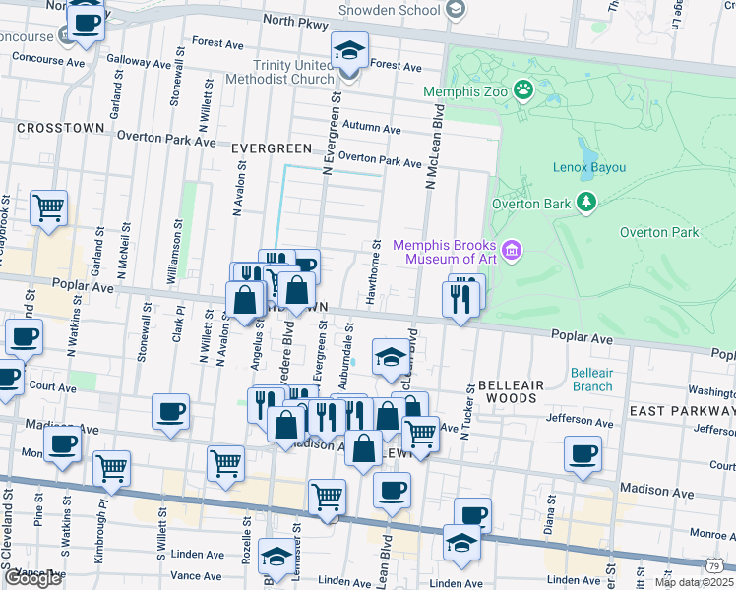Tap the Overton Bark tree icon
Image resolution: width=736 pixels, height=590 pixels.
point(587,203)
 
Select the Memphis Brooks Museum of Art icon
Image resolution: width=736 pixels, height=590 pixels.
point(512,252)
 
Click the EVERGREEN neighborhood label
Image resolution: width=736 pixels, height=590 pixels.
point(271,147)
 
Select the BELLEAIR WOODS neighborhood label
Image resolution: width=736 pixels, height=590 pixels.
point(508,392)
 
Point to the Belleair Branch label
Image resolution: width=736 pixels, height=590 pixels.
point(591,380)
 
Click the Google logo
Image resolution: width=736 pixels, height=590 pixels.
point(32,578)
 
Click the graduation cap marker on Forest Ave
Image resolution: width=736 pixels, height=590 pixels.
point(348,50)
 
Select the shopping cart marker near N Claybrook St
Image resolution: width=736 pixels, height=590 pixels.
point(48,208)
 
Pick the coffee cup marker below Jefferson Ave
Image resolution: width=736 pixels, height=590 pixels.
point(583,454)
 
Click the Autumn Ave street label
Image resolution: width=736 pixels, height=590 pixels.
point(372,128)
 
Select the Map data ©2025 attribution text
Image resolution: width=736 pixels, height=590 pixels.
point(694,581)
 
